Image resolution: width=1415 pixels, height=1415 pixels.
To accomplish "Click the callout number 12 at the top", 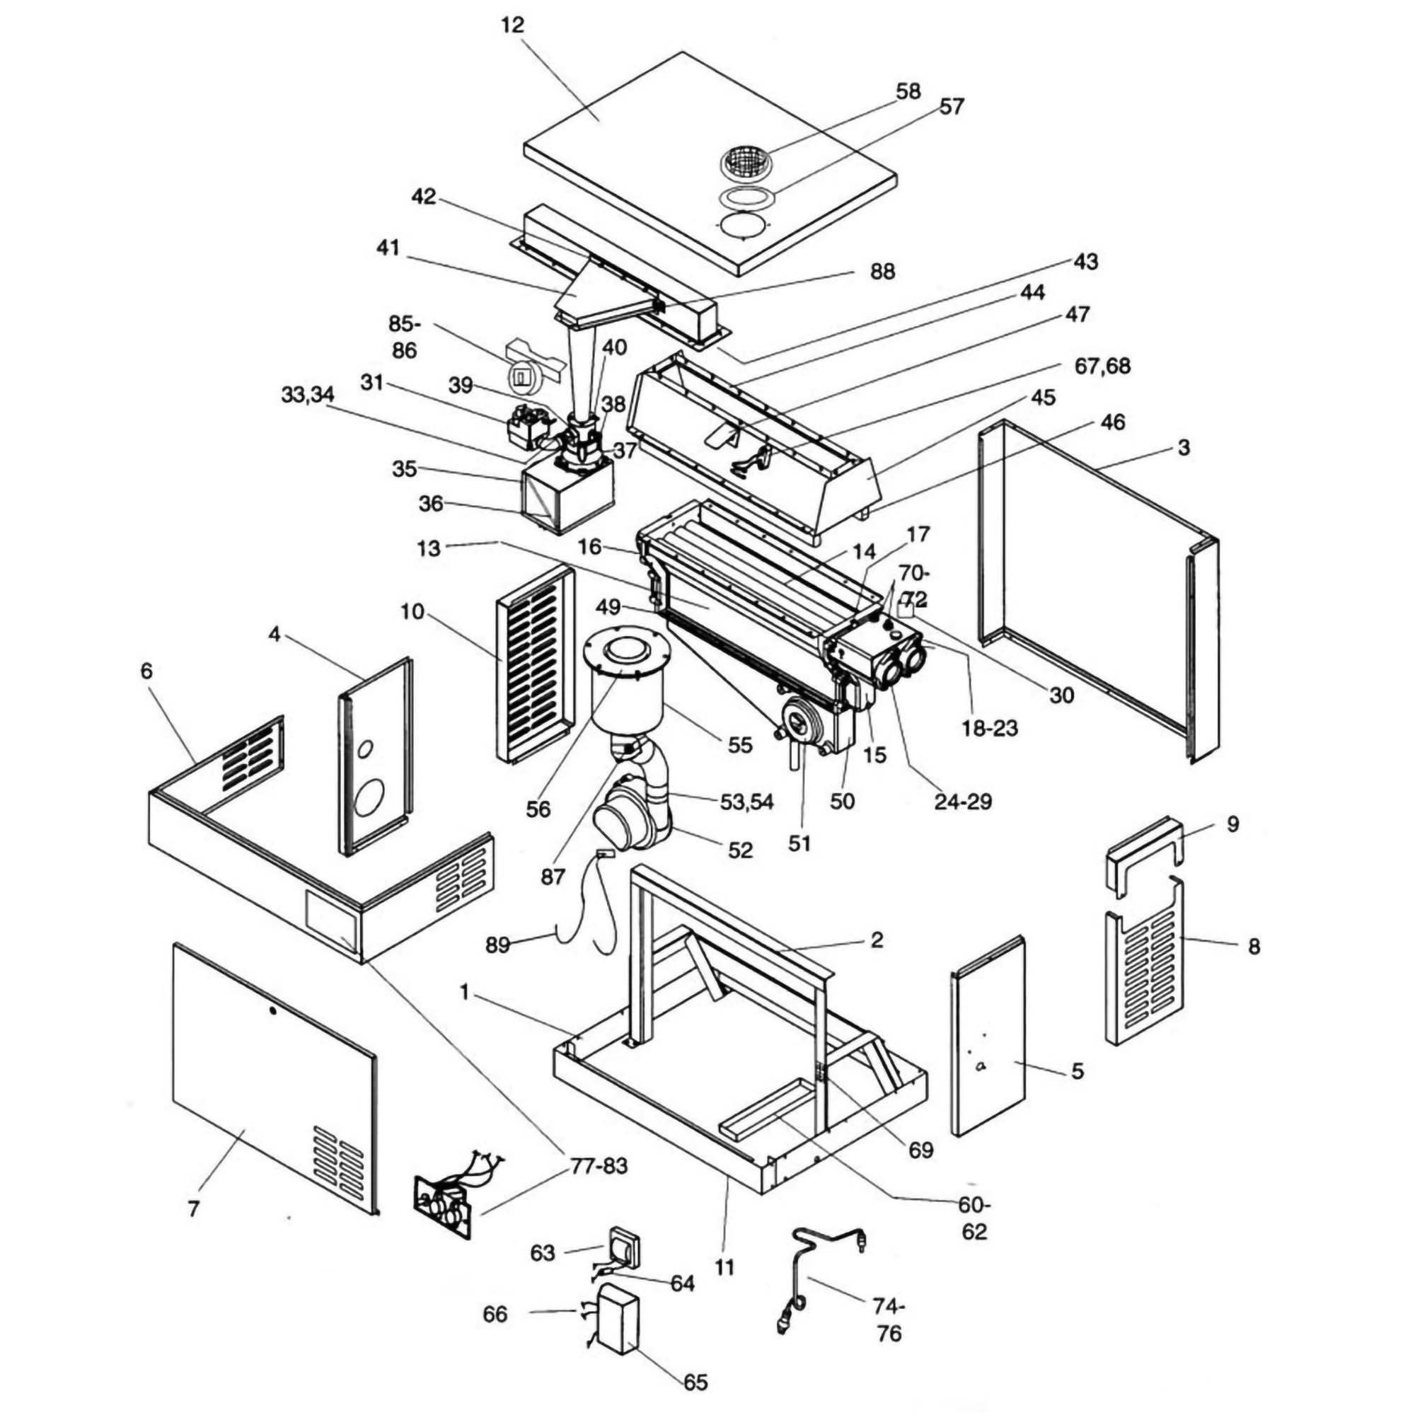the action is [x=513, y=25].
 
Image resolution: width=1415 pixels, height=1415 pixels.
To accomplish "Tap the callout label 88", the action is [x=882, y=271].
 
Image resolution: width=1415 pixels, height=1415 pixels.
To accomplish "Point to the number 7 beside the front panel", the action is [x=192, y=1209].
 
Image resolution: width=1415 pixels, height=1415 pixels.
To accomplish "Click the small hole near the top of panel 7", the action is [x=272, y=1012].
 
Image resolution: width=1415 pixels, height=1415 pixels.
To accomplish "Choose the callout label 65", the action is [x=695, y=1382].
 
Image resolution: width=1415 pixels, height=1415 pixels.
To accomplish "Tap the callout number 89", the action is [x=497, y=945].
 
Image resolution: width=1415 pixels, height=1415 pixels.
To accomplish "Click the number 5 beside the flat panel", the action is [x=1077, y=1070].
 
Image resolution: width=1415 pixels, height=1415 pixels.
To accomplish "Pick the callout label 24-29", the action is [x=962, y=802].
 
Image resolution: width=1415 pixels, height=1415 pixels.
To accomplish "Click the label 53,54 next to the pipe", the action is [x=746, y=802].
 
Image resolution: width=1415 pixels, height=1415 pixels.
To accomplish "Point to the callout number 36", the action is [x=431, y=504].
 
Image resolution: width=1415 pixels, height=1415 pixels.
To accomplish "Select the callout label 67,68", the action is [x=1102, y=365].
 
